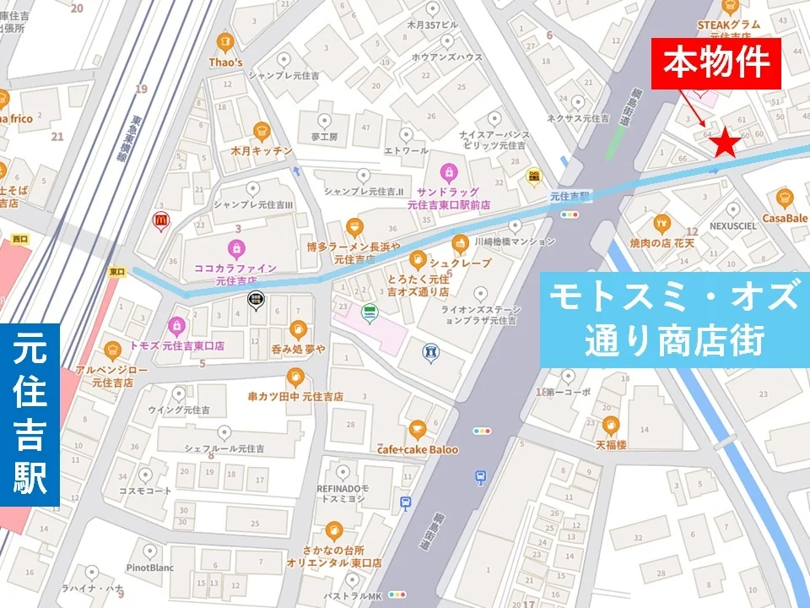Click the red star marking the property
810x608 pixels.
726,144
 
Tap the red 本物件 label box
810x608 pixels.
715,62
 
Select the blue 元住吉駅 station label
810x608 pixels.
30,415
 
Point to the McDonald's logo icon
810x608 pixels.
159,221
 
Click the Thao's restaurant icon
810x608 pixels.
224,41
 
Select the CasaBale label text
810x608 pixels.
786,217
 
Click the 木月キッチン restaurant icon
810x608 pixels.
261,131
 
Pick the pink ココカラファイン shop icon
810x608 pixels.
236,248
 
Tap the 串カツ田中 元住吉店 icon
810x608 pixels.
294,377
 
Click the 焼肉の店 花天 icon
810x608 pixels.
661,224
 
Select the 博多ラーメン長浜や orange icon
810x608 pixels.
354,226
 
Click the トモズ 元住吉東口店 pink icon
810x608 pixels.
176,324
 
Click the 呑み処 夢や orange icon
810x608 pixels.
297,328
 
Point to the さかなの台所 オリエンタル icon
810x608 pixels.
333,530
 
